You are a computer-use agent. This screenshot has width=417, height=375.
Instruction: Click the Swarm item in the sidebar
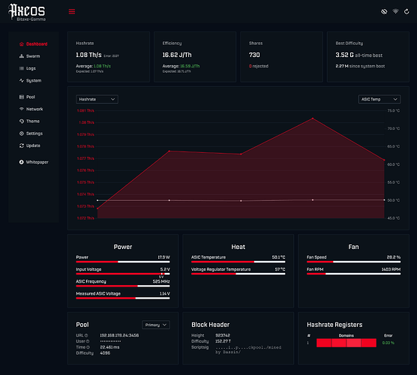tap(34, 56)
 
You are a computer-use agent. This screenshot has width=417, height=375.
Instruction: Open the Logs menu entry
tap(31, 68)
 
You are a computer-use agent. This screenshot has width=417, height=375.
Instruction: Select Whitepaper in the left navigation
tap(37, 161)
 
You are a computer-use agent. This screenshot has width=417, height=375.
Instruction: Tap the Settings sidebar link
tap(34, 133)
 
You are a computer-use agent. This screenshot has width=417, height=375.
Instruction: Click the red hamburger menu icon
tap(72, 12)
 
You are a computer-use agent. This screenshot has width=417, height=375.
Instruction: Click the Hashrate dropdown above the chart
tap(97, 99)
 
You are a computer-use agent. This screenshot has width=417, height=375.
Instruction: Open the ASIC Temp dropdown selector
tap(379, 99)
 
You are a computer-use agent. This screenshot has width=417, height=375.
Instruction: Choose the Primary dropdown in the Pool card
tap(156, 325)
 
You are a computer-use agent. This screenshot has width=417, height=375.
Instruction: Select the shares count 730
tap(254, 55)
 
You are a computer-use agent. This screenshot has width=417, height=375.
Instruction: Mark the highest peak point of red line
tap(313, 118)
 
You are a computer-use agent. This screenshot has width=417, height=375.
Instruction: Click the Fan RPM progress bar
tap(352, 274)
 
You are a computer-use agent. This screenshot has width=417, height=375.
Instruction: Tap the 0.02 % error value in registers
tap(388, 342)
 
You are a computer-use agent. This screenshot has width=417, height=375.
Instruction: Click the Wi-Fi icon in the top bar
tap(396, 12)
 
